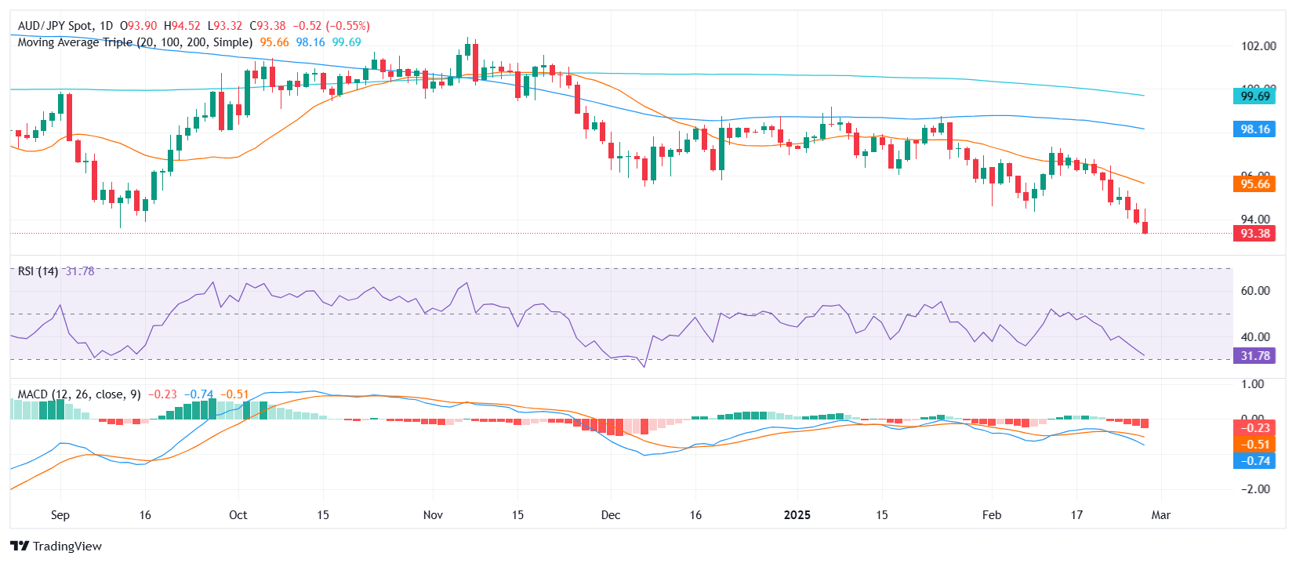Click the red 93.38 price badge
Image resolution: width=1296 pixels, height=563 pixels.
(1254, 234)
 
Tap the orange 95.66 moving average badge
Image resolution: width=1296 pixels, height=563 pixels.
(1254, 184)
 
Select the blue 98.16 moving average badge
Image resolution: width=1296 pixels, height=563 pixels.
(1254, 129)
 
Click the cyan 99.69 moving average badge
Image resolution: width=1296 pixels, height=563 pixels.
(1254, 96)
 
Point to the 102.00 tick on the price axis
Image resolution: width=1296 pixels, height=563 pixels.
(1258, 46)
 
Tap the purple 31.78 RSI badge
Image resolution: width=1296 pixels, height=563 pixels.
(1254, 356)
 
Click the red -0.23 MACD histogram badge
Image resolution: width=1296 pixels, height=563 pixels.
(1254, 428)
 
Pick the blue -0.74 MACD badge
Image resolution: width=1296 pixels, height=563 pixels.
(1254, 461)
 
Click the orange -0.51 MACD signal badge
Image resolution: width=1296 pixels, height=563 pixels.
(1254, 445)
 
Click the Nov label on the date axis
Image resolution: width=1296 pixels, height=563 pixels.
(433, 515)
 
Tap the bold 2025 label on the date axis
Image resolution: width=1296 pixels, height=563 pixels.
(797, 515)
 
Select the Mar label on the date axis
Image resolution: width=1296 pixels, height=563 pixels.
(1160, 515)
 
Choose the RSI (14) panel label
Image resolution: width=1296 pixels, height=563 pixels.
(38, 271)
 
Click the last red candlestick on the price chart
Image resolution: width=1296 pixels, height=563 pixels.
(1145, 227)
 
